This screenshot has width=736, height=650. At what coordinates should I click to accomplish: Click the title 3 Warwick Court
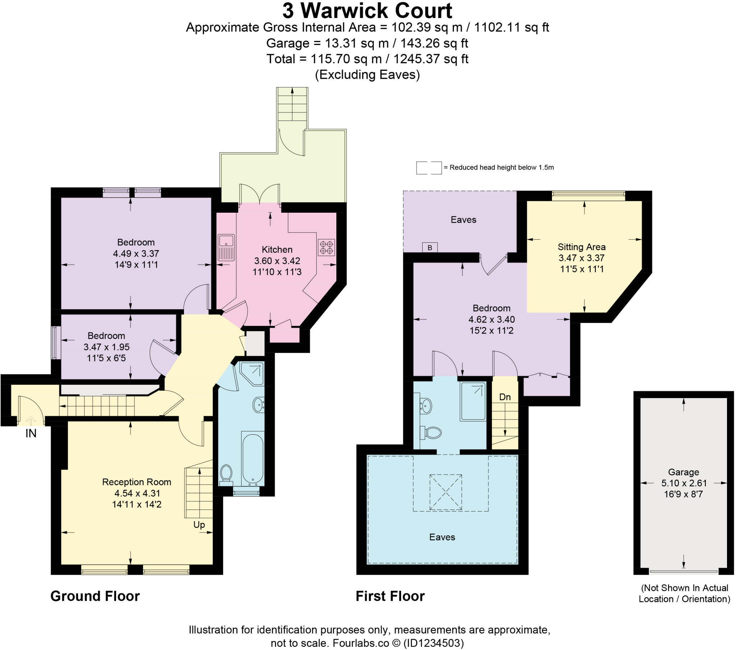[x=367, y=11]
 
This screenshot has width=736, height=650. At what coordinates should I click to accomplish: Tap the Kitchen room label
[x=277, y=250]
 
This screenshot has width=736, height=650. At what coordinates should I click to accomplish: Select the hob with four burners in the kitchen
[x=326, y=248]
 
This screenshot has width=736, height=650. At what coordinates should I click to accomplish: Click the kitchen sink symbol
[x=226, y=247]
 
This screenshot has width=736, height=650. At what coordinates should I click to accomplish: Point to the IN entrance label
[x=31, y=434]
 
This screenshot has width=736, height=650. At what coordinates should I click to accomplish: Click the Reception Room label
[x=137, y=482]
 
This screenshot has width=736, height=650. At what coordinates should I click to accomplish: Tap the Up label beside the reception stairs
[x=199, y=525]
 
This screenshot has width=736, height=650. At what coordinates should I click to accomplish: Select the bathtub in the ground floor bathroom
[x=253, y=458]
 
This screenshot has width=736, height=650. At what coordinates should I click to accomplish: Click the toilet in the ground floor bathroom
[x=226, y=473]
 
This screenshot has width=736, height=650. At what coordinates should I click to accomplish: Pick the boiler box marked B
[x=429, y=248]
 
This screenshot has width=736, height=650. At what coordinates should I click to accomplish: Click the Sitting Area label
[x=581, y=247]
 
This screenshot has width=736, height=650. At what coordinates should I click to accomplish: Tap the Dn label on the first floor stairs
[x=505, y=397]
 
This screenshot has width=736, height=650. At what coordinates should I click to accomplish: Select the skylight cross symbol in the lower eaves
[x=445, y=492]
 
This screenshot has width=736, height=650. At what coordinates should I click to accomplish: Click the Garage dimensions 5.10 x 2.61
[x=684, y=483]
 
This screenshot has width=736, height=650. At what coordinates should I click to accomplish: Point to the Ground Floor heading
[x=95, y=596]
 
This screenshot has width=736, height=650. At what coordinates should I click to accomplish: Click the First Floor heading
[x=390, y=596]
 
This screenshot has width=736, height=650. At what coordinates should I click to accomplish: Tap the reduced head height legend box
[x=428, y=168]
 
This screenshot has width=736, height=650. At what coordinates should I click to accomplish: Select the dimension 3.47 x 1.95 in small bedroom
[x=106, y=347]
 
